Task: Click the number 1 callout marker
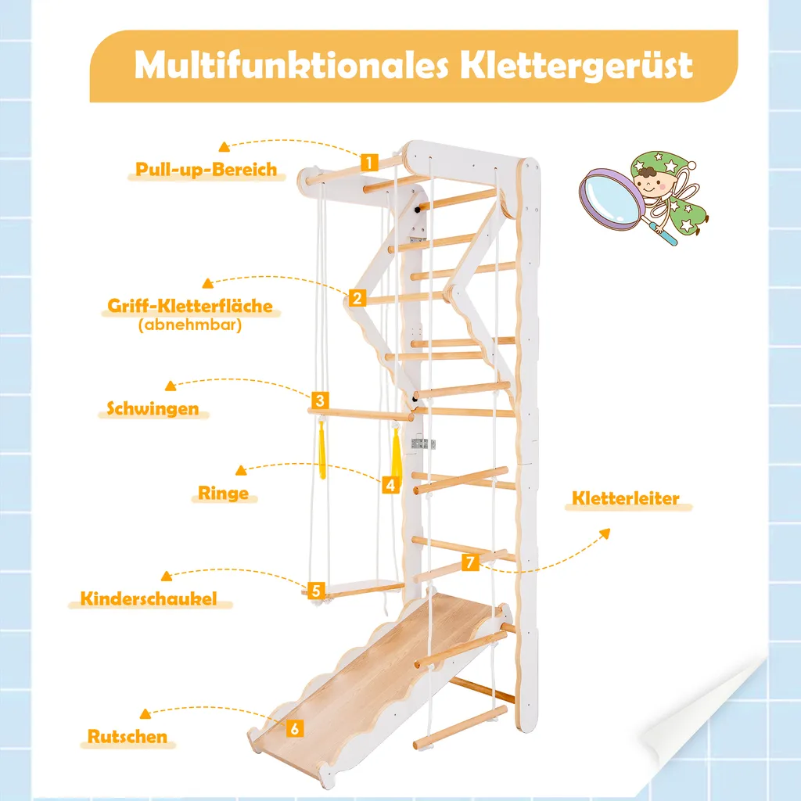pos(369,163)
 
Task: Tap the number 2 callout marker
pos(356,297)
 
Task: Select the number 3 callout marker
pos(319,400)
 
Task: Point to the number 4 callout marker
pos(390,484)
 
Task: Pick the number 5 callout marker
pos(316,590)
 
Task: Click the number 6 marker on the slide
pos(294,727)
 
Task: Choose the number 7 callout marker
pos(469,562)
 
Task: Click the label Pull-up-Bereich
pos(207,169)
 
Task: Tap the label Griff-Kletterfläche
pos(191,306)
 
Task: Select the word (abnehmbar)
pos(190,324)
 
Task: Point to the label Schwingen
pos(153,408)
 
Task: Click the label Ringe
pos(223,494)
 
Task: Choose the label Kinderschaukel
pos(147,600)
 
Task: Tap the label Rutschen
pos(128,736)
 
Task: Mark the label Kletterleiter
pos(626,498)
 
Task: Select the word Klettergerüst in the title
pos(576,66)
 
